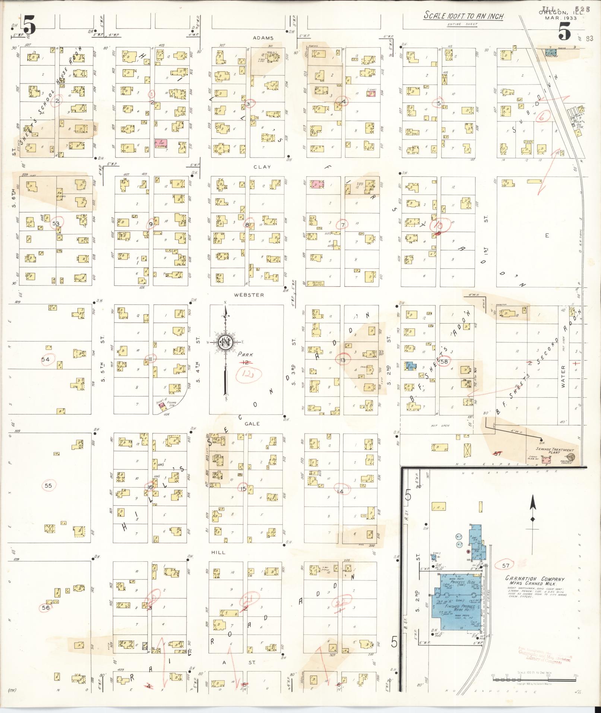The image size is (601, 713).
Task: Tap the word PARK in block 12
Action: pos(247,354)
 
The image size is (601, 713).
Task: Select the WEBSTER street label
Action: pos(249,295)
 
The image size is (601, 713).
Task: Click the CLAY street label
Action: pos(262,167)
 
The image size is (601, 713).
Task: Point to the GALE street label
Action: pos(253,424)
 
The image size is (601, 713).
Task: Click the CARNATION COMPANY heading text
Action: pos(535,589)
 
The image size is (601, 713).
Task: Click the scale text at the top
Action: pos(464,16)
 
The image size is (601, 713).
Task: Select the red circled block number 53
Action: pos(56,223)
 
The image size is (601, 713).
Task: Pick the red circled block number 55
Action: pos(48,486)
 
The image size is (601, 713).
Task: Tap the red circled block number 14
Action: pos(340,491)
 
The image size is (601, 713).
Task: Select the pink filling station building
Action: pos(162,407)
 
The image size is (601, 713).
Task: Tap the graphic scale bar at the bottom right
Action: pos(534,679)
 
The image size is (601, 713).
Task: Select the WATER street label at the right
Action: pos(563,376)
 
